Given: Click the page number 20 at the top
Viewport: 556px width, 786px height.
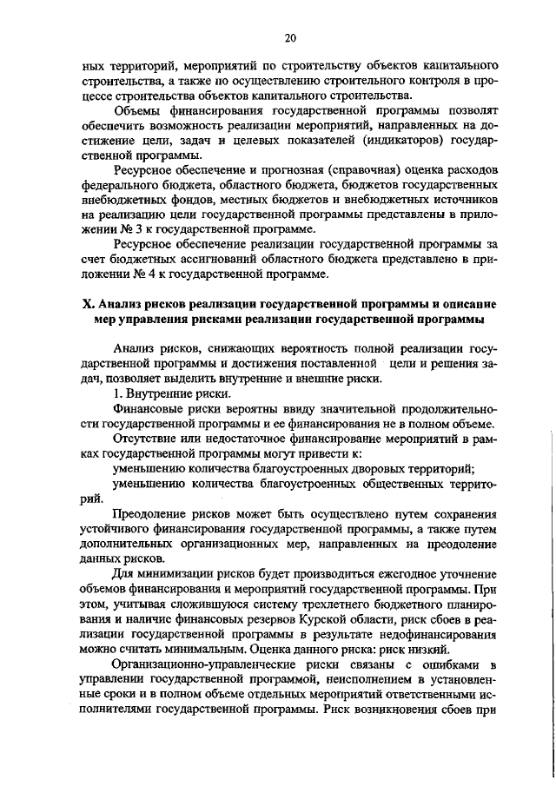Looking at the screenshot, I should pyautogui.click(x=290, y=37).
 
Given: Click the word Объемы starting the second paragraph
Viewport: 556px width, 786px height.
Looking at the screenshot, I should pyautogui.click(x=137, y=110).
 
